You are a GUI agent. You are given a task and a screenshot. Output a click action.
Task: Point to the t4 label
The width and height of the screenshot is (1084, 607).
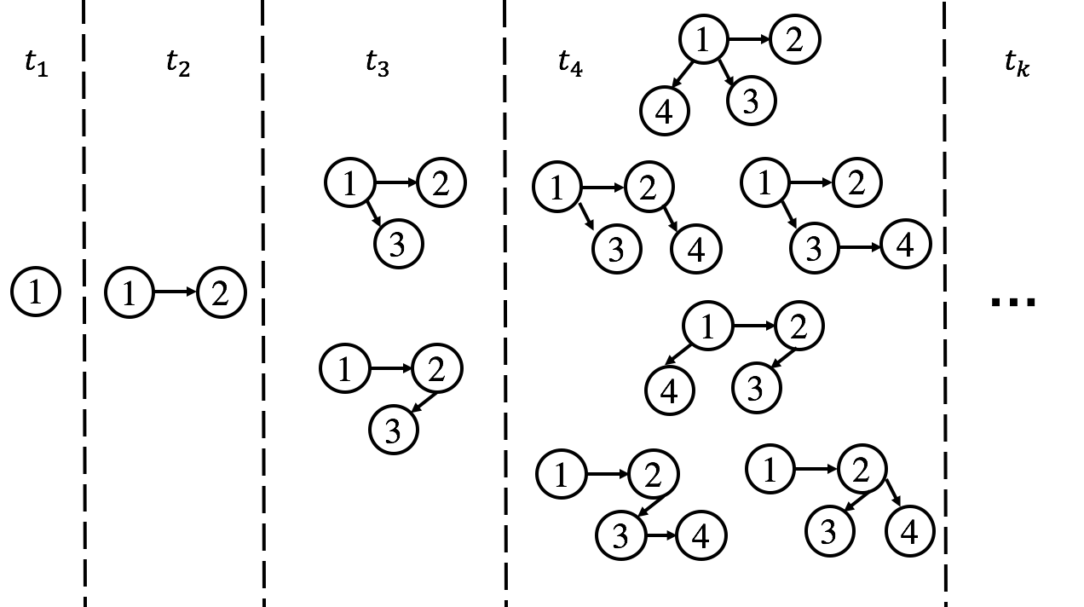coord(571,64)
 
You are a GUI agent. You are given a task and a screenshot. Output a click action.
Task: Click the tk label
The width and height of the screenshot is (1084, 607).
coord(1018,64)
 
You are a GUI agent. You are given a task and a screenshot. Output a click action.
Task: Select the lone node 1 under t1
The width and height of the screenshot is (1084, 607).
coord(36,292)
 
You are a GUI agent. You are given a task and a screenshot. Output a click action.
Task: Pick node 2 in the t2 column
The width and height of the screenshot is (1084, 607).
coord(222,292)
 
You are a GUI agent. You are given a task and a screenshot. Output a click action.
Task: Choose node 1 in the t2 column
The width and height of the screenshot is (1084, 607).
coord(130,292)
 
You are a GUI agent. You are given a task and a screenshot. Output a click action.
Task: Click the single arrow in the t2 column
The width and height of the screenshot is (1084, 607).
coord(176,292)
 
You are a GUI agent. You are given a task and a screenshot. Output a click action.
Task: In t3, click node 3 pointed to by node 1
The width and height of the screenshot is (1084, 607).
coord(399,245)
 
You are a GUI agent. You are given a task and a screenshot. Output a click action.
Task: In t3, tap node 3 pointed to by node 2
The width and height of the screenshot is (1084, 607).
coord(394,431)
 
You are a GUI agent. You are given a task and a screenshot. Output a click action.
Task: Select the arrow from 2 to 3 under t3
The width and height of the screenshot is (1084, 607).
coord(424,402)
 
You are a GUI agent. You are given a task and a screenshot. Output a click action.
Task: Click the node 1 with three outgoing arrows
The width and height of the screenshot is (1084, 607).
coord(703,40)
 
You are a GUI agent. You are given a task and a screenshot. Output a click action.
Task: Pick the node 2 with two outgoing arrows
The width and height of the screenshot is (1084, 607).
coord(862,470)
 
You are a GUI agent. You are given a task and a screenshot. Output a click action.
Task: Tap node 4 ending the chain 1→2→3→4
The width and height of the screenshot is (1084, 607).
coord(701,535)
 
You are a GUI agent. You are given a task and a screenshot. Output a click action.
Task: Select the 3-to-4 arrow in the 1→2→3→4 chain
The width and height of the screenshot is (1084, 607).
coord(661,535)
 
